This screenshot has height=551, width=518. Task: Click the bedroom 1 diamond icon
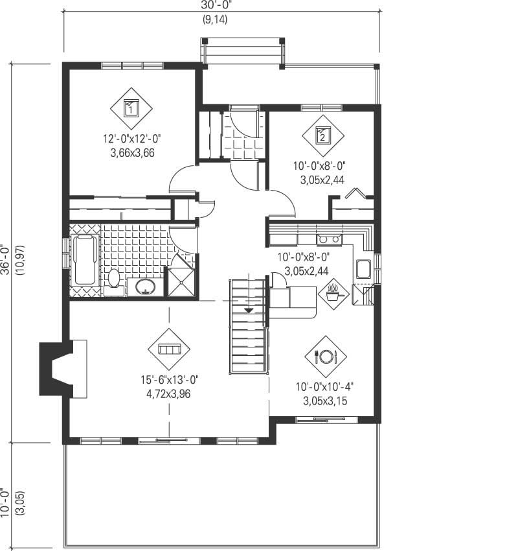point(131,108)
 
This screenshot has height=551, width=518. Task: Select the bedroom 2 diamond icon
point(323,135)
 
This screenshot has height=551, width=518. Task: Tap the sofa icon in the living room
point(169,349)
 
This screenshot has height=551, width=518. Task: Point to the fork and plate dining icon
point(326,356)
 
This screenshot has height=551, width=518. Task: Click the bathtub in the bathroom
point(85,260)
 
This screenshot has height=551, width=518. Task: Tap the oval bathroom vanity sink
point(146,286)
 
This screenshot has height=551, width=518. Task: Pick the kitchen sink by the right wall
point(363,269)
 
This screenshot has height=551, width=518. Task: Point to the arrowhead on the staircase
point(248,311)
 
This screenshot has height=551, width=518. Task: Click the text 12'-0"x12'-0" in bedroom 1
point(131,138)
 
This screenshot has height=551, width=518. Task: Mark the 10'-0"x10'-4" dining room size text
point(325,387)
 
